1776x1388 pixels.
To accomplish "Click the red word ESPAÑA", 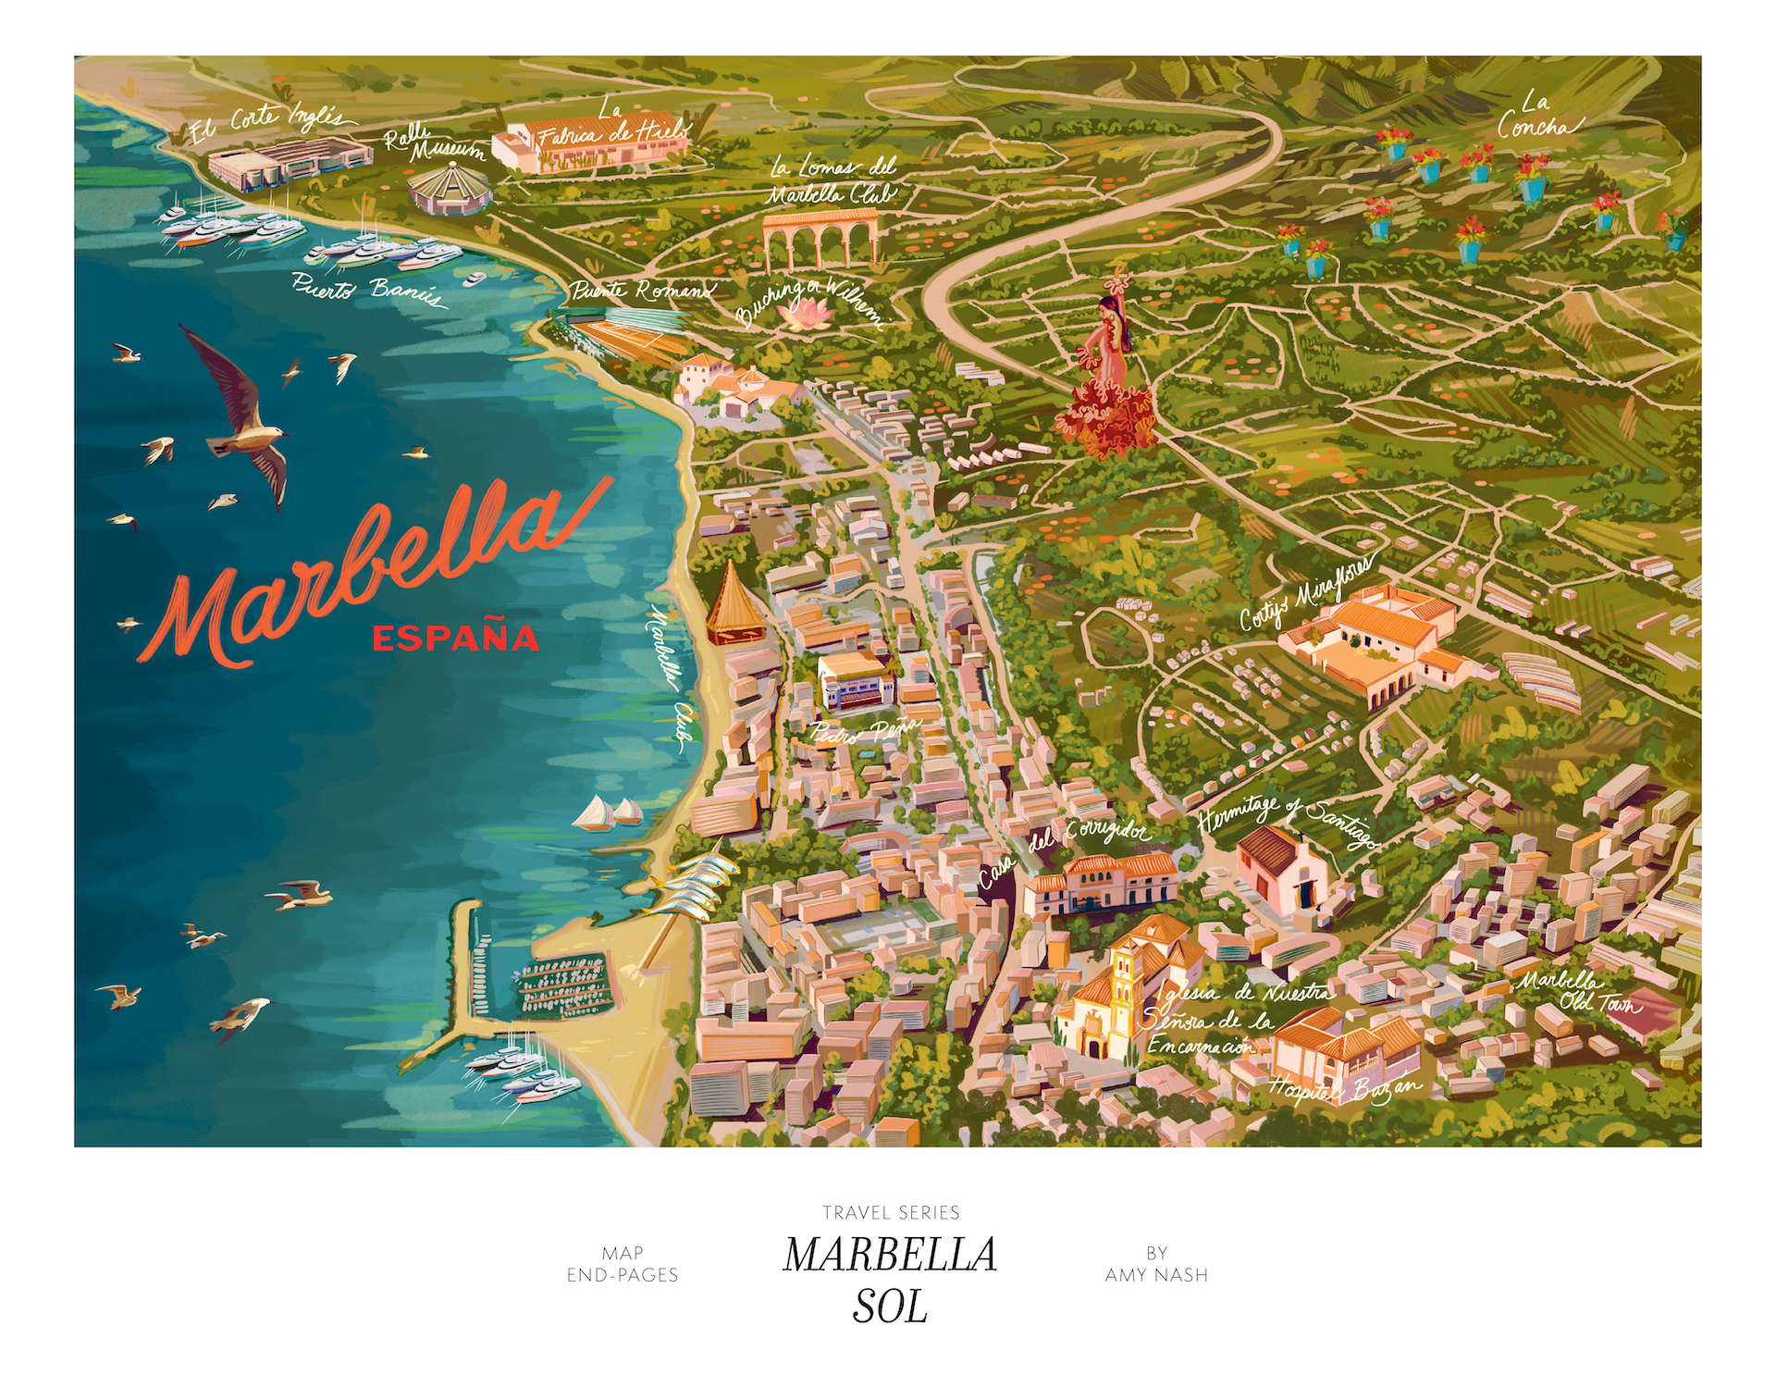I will (x=455, y=638).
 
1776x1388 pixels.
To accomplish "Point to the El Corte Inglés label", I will (x=265, y=126).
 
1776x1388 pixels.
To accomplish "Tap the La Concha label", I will (x=1536, y=116).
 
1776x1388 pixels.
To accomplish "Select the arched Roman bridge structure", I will (x=820, y=239).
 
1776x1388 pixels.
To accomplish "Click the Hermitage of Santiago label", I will (x=1287, y=820).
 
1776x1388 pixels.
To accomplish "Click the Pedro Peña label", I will (x=866, y=729).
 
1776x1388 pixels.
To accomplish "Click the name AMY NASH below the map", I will (x=1156, y=1275).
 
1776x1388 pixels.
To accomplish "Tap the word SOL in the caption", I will (x=890, y=1307).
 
